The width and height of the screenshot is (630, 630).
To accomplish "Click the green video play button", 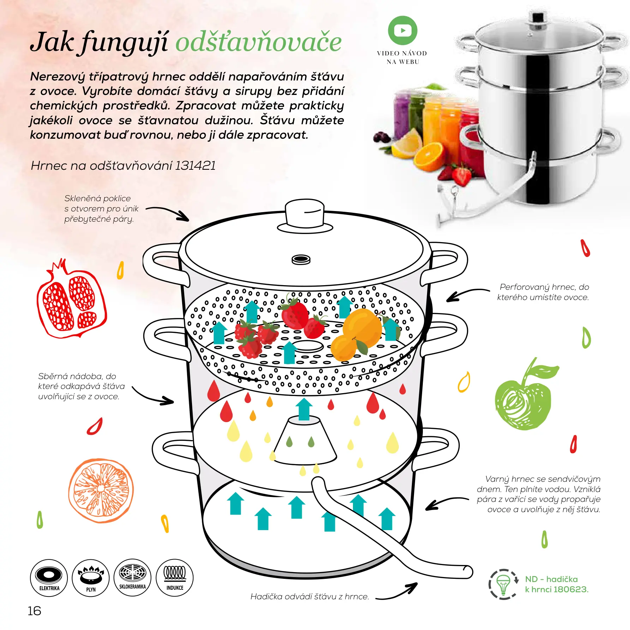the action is point(402,30).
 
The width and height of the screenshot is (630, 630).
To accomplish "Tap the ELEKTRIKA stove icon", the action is point(49,578).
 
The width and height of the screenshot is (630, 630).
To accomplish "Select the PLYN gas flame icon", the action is point(91,578).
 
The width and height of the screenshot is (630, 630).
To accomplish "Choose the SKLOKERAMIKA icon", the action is point(133,577).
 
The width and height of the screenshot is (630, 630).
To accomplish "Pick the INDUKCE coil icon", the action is point(175,577).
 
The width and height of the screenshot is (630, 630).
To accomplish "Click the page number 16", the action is point(34,611).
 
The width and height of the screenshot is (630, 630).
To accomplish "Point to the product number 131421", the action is point(195,166).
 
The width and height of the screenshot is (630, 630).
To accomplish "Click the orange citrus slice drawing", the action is point(101,491).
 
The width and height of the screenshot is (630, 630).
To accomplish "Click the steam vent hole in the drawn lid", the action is point(301,260).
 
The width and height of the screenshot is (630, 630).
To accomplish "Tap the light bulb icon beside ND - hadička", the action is point(503,584).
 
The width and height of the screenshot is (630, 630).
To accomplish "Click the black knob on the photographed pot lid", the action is point(538,17).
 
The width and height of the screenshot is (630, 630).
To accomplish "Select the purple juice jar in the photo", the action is point(402,113).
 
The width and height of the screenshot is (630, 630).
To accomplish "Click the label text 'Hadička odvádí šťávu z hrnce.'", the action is point(310,596).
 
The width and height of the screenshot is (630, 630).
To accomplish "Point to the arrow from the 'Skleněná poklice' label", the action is point(169,211).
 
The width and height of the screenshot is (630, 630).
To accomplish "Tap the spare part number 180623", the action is point(571,589).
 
